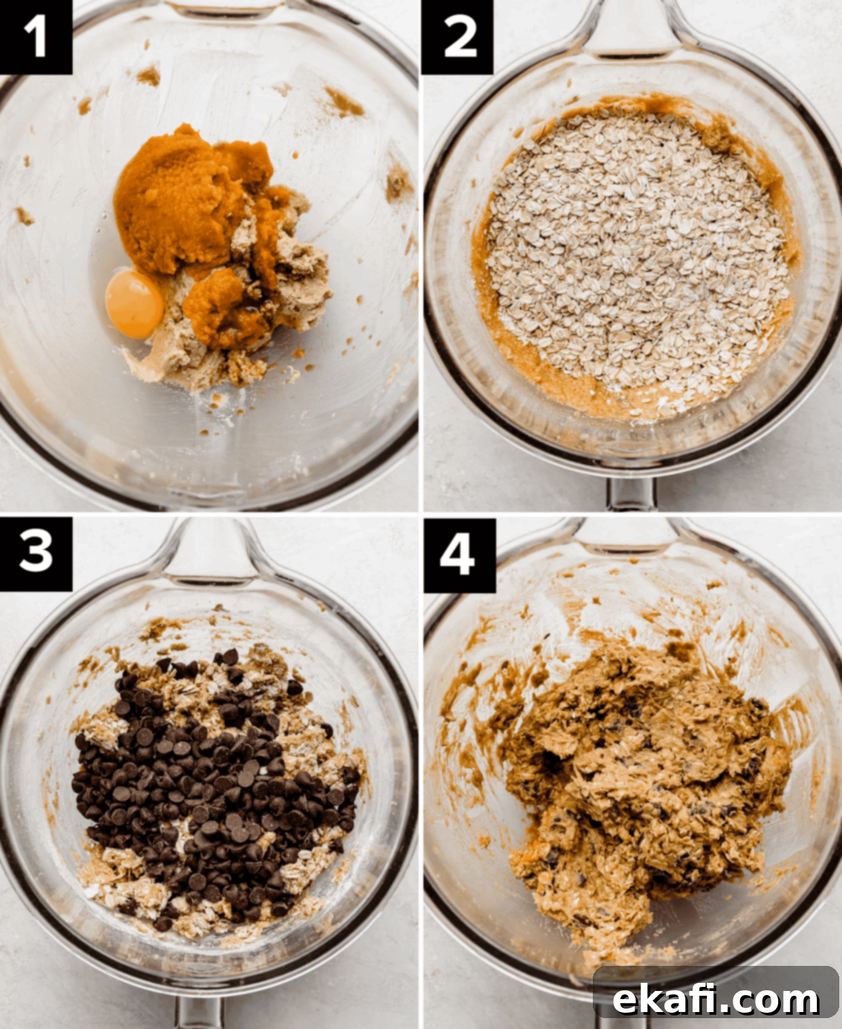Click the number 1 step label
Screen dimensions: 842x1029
pos(35,37)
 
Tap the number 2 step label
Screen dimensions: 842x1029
pos(458,37)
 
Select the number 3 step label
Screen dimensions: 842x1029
pos(35,554)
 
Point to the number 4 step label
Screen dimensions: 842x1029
pos(459,555)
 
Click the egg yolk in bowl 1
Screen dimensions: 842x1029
pos(134,305)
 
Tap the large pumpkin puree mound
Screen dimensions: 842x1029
pos(188,200)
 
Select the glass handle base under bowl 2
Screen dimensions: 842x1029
pos(631,494)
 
